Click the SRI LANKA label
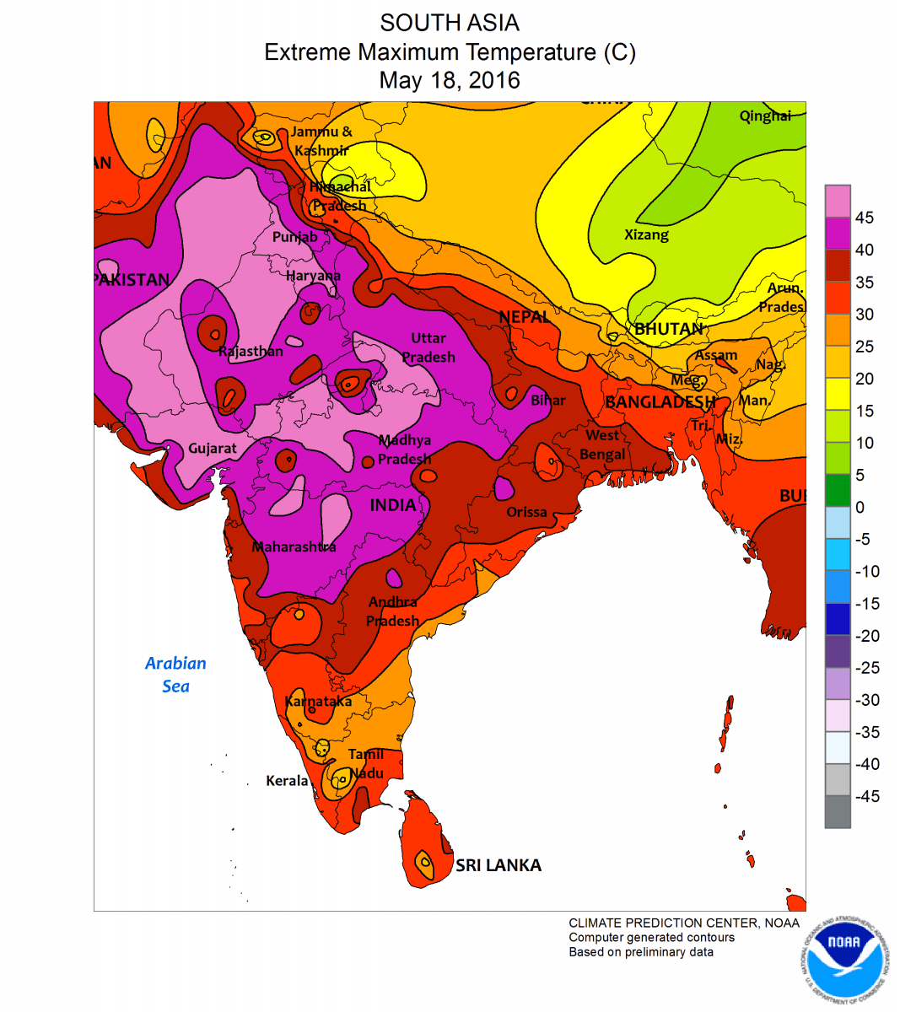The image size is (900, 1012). click(498, 865)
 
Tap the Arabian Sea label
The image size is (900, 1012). click(175, 675)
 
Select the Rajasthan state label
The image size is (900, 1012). click(251, 351)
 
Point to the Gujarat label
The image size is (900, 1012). click(213, 448)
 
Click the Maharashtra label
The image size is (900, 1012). click(294, 547)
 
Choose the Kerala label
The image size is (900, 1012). click(287, 781)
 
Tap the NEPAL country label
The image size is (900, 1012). click(524, 317)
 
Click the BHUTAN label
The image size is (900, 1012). click(668, 329)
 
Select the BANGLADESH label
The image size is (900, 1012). click(660, 402)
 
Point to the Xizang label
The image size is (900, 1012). click(646, 234)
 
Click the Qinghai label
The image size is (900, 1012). click(765, 116)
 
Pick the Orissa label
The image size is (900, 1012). click(526, 512)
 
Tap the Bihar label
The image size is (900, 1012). click(548, 400)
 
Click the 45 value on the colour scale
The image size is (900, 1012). click(864, 218)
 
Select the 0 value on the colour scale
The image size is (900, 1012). click(860, 508)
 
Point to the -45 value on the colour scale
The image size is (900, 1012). click(866, 797)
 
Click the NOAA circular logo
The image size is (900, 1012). click(843, 959)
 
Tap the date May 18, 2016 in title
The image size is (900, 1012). click(450, 81)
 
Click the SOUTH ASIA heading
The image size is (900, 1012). click(450, 23)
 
